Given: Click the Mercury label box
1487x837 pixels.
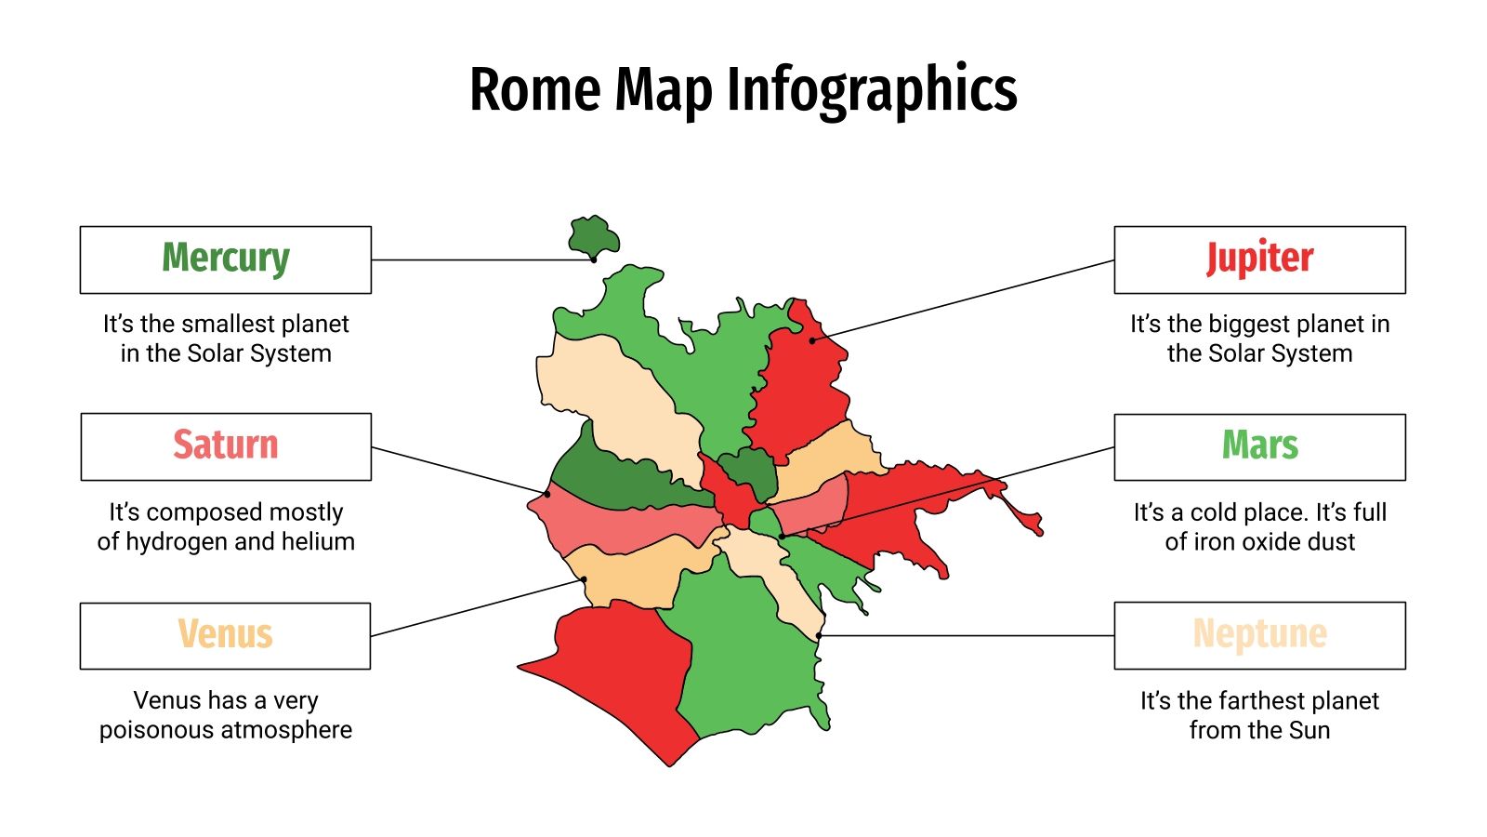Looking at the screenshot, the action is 226,259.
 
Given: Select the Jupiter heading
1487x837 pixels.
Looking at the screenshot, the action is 1259,259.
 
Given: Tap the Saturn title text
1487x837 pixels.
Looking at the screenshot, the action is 226,445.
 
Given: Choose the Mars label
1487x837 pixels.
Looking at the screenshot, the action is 1259,445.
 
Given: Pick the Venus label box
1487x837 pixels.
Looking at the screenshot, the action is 226,635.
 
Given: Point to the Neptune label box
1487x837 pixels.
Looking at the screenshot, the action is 1259,634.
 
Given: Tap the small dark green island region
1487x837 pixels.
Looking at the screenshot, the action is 592,236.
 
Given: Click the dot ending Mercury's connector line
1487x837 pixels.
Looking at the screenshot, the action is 594,259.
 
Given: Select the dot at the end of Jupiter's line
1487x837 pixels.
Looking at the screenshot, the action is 811,340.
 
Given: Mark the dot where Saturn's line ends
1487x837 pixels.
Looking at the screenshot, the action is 547,494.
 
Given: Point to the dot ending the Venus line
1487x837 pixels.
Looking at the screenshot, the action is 585,579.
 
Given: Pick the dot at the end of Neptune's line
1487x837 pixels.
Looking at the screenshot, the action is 819,636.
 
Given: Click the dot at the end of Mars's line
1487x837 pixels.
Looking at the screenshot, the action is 782,537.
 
